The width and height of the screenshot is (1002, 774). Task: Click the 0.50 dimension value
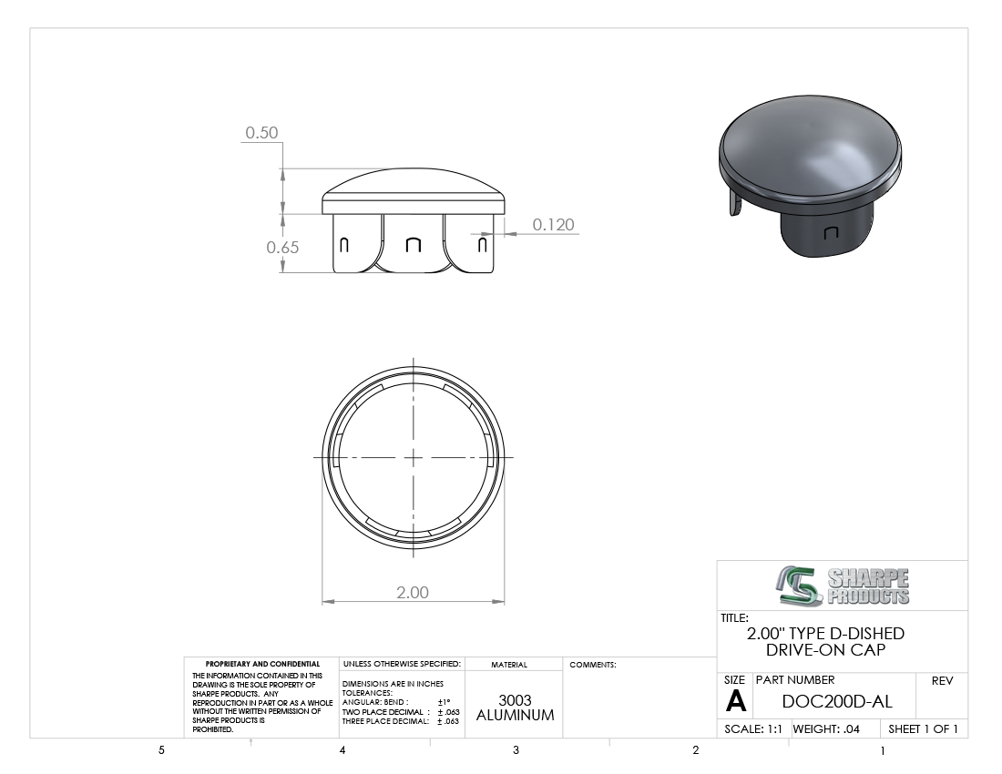262,132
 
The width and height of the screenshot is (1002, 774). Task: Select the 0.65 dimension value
282,247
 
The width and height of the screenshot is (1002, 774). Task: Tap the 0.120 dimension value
554,225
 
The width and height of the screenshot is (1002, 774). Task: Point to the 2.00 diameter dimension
413,593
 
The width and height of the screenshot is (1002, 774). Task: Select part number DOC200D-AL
837,701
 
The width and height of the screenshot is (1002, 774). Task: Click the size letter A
735,702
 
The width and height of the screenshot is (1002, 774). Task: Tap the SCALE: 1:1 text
752,728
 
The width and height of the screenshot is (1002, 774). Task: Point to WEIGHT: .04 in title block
826,728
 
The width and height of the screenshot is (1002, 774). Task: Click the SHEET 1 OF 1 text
924,728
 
